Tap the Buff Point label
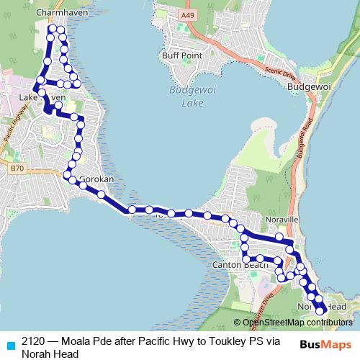pos(180,54)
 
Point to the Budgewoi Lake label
pos(186,96)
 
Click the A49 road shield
pos(188,14)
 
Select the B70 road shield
pos(17,168)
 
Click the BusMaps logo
pos(325,344)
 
